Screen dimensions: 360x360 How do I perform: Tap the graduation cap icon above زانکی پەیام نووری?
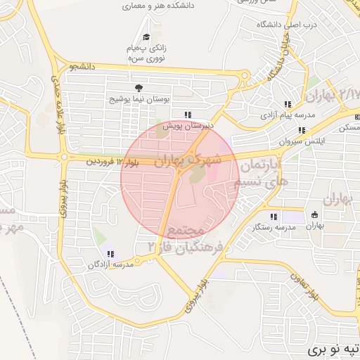tap(146, 37)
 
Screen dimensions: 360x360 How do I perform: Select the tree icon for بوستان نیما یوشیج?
tap(138, 88)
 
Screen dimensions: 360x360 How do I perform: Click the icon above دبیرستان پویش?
tap(187, 115)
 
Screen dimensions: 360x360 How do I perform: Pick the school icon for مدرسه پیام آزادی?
tap(287, 104)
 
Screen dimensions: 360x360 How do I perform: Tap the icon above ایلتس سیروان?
tap(302, 130)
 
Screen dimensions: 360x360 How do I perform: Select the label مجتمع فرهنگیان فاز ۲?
tap(186, 239)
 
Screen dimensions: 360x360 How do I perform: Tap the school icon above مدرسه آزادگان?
tap(110, 254)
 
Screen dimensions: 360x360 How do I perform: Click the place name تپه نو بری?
tap(335, 349)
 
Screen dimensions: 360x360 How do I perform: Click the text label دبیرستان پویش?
tap(186, 127)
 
